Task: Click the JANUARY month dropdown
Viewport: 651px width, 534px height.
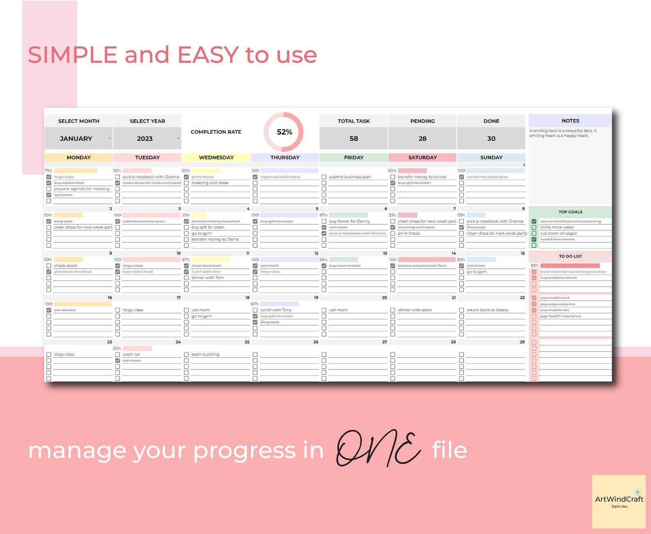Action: click(x=78, y=139)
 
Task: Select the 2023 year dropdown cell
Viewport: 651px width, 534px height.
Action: click(x=146, y=139)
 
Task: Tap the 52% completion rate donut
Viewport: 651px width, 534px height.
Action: click(x=284, y=132)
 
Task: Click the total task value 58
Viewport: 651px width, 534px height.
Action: click(x=353, y=139)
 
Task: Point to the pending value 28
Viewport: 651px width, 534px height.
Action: click(x=422, y=139)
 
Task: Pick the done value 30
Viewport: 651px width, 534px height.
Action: click(x=491, y=139)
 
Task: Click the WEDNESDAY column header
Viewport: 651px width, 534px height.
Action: click(x=216, y=157)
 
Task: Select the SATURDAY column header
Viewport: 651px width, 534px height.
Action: click(x=422, y=157)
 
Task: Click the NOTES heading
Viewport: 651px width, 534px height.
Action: click(x=570, y=121)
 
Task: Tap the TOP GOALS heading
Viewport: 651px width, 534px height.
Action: click(x=570, y=212)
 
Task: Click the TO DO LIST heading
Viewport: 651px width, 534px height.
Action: click(x=570, y=256)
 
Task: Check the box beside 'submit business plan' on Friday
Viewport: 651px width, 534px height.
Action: click(x=324, y=177)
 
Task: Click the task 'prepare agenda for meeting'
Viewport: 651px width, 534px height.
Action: click(x=82, y=189)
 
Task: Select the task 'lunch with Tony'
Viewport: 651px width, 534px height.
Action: click(x=276, y=310)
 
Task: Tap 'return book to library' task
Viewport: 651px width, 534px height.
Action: click(x=487, y=310)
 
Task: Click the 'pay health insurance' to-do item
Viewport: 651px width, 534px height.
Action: click(x=560, y=316)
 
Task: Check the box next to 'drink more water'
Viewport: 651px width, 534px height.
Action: click(x=534, y=227)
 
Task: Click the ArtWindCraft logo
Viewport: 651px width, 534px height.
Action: click(x=619, y=501)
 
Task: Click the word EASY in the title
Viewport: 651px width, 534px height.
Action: click(x=208, y=55)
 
